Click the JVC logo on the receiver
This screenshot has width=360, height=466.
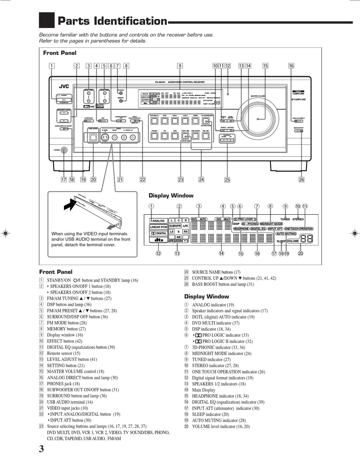(63, 86)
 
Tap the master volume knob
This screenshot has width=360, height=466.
(257, 119)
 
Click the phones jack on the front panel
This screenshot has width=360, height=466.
(64, 150)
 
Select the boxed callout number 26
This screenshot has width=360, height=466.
(301, 180)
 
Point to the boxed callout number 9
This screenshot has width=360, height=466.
(180, 66)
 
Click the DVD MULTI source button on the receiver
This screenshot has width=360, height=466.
(154, 121)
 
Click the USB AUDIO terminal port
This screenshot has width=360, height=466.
(93, 138)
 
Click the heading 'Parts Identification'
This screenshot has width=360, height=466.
(112, 21)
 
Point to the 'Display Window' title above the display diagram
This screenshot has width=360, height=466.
(171, 196)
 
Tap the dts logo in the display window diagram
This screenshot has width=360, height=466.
(158, 240)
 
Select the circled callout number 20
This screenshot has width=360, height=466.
(301, 254)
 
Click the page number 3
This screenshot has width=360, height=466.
(41, 449)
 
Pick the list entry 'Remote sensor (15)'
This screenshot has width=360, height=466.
(63, 353)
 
